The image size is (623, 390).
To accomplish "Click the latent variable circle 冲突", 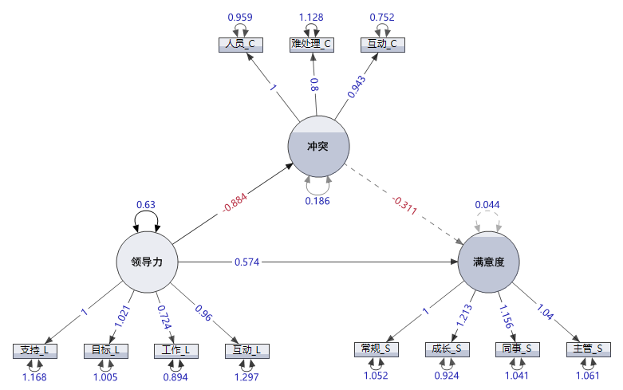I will (x=318, y=145).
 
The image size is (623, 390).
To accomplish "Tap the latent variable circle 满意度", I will (x=488, y=262).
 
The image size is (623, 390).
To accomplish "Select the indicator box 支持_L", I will (x=35, y=350).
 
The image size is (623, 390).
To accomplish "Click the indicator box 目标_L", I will (x=105, y=350).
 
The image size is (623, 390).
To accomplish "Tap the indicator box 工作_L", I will (x=176, y=350).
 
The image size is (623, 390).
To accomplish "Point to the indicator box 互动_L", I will (x=247, y=350).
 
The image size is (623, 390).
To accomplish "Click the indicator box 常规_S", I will (x=376, y=349).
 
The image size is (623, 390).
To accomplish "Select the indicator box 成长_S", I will (x=447, y=349).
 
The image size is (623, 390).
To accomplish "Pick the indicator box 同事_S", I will (x=518, y=349).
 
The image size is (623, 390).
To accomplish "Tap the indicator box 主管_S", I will (x=589, y=349).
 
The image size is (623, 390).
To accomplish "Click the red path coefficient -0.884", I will (x=234, y=205).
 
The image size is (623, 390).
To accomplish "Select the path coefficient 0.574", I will (x=246, y=262).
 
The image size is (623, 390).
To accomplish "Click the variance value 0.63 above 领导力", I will (x=146, y=204).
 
